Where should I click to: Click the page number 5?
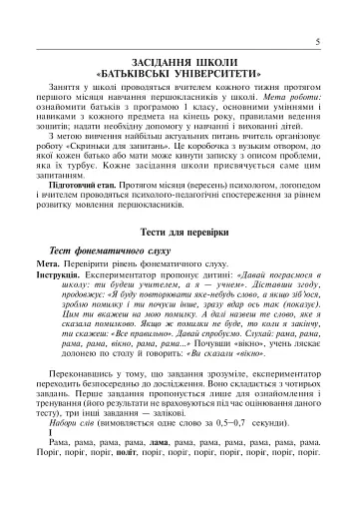317,41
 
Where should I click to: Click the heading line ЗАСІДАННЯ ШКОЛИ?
180,61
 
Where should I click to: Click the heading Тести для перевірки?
180,259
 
